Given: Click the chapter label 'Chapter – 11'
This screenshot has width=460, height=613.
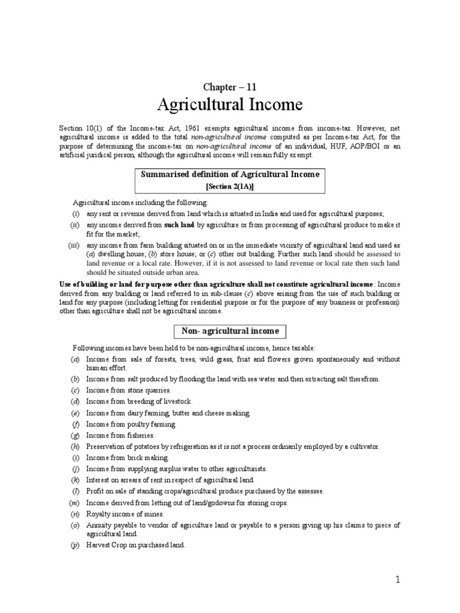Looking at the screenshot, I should click(x=229, y=87).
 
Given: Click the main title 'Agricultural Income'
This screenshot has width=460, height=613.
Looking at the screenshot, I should click(x=230, y=105).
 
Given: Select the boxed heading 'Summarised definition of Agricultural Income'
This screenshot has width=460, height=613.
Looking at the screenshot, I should click(x=229, y=174).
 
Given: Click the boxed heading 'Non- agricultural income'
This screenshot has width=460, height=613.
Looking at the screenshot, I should click(x=231, y=330).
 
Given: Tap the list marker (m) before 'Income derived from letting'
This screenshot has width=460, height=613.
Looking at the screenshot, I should click(x=75, y=503).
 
